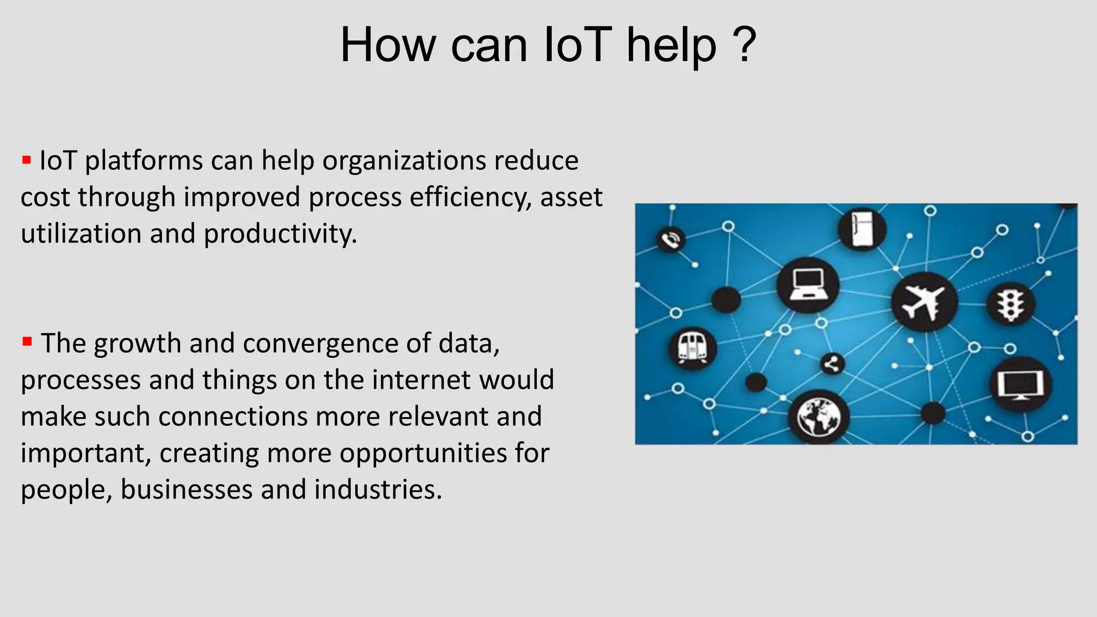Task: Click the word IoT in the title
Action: pyautogui.click(x=577, y=45)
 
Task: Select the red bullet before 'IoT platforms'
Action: pyautogui.click(x=26, y=160)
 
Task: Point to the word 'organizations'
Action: pyautogui.click(x=404, y=161)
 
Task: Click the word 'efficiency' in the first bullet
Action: pyautogui.click(x=470, y=197)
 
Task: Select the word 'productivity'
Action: pyautogui.click(x=280, y=234)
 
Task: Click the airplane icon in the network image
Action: pyautogui.click(x=923, y=302)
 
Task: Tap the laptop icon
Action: pyautogui.click(x=808, y=285)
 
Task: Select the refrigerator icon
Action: pyautogui.click(x=862, y=229)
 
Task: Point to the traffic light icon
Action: pyautogui.click(x=1011, y=304)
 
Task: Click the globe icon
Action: pyautogui.click(x=818, y=417)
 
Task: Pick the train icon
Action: pyautogui.click(x=692, y=348)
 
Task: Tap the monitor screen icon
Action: pyautogui.click(x=1020, y=385)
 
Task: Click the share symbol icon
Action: pyautogui.click(x=832, y=365)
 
